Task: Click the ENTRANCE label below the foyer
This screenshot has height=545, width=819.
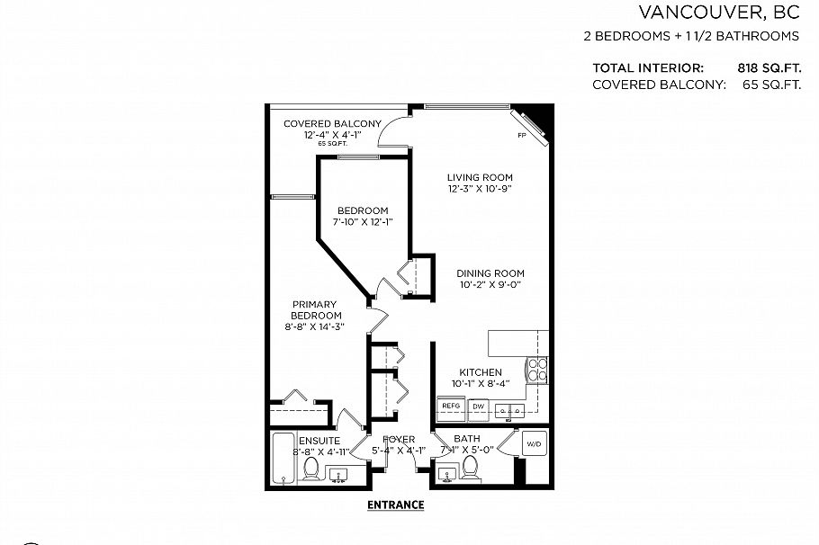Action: (395, 505)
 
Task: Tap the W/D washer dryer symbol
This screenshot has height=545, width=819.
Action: (534, 444)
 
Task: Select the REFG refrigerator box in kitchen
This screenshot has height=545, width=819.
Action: (451, 407)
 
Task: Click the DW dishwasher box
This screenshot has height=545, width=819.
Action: (478, 407)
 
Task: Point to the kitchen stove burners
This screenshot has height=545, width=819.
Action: (536, 369)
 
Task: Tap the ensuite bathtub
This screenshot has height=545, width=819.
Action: (283, 458)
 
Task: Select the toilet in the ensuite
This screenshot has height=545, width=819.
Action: (310, 469)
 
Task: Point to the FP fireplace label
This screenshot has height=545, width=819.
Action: (521, 136)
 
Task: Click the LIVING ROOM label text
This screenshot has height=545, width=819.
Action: (480, 176)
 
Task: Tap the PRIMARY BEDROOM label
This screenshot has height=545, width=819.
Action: (316, 309)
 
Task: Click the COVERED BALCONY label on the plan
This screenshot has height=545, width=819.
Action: (332, 123)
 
